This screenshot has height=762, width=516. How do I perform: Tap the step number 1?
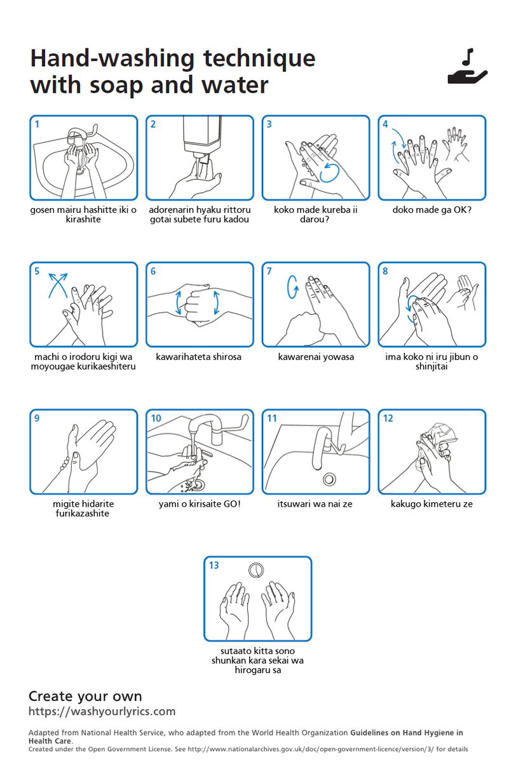point(37,124)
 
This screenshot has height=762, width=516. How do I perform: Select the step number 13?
point(214,565)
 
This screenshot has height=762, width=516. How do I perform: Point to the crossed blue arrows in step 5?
point(58,285)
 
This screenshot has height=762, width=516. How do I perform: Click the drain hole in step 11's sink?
point(329,479)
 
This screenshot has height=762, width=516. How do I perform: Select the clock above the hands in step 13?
point(255,570)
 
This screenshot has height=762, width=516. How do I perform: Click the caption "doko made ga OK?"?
point(431,210)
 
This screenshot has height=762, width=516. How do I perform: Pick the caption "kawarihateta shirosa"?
point(198,357)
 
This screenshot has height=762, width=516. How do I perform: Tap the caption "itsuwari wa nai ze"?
point(315,504)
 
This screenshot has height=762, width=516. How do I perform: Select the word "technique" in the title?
point(259,58)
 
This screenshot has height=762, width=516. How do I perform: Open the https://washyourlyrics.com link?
point(102,711)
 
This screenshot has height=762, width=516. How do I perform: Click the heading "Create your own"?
point(85,696)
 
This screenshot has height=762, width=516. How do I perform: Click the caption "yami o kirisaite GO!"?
point(200,504)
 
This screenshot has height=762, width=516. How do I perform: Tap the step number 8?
point(385,271)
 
